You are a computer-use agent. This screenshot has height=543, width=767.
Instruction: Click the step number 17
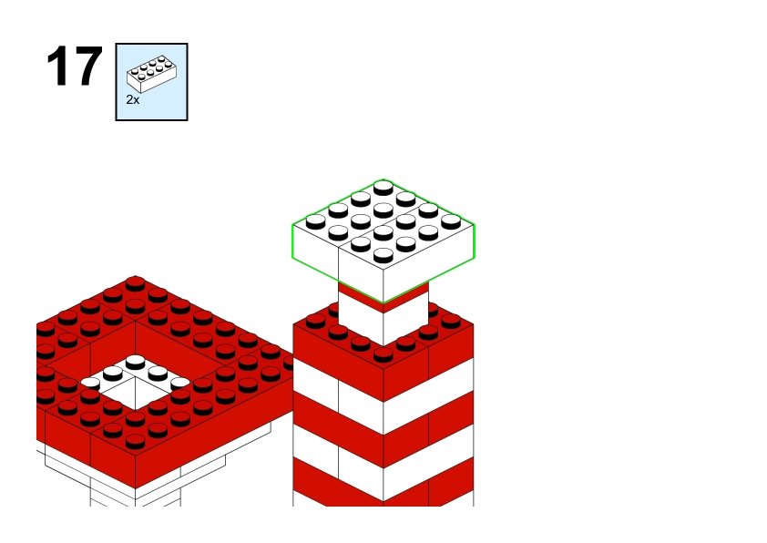click(x=75, y=67)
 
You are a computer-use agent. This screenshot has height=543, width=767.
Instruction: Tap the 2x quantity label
click(x=133, y=100)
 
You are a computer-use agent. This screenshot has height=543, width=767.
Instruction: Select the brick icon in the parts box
click(x=151, y=74)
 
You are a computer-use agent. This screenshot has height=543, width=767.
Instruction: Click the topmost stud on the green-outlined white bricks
click(x=383, y=188)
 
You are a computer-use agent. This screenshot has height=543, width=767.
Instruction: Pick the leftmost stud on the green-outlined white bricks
click(x=315, y=221)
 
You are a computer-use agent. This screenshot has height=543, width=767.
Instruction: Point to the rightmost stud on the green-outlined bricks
click(x=451, y=221)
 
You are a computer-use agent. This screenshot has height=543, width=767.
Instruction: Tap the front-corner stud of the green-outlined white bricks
click(x=383, y=255)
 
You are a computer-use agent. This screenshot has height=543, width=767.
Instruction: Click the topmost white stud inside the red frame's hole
click(x=135, y=362)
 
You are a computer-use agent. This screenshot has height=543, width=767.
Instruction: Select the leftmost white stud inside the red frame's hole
click(x=90, y=384)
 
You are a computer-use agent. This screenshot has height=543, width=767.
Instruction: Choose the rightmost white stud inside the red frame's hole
click(x=180, y=383)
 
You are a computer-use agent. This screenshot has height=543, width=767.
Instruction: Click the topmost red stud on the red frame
click(x=135, y=283)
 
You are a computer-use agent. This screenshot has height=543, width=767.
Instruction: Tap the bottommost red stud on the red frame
click(x=135, y=441)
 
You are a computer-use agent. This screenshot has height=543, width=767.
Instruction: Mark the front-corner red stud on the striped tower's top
click(x=383, y=354)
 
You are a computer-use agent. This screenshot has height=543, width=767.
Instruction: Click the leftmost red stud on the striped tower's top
click(x=315, y=321)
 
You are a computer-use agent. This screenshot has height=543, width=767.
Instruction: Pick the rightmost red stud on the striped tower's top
click(x=451, y=321)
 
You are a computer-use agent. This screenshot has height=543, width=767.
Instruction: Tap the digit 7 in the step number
click(x=88, y=67)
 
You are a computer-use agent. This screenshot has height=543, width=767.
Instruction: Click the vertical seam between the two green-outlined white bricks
click(x=339, y=264)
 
